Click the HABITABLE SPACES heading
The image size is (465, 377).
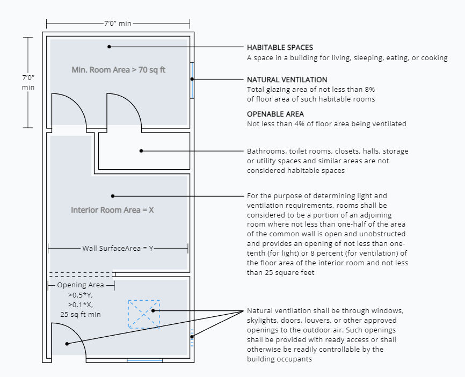(x=280, y=47)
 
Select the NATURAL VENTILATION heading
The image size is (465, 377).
(x=287, y=79)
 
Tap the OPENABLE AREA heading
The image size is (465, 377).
(x=275, y=114)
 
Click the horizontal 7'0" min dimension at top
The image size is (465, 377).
(x=118, y=24)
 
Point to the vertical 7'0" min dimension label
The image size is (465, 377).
(x=28, y=82)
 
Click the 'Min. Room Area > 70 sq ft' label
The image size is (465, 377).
(x=118, y=69)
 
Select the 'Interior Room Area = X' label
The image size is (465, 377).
(x=112, y=210)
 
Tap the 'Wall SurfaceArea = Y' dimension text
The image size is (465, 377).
(x=118, y=248)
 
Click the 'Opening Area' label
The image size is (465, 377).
(x=81, y=285)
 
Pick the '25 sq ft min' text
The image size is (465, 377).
(x=81, y=314)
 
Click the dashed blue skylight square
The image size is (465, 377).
(x=143, y=314)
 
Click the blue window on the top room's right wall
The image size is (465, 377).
(x=192, y=79)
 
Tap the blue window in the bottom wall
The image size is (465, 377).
(x=144, y=360)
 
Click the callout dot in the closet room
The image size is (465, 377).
(x=141, y=151)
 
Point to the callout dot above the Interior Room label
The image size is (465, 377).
(x=112, y=196)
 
